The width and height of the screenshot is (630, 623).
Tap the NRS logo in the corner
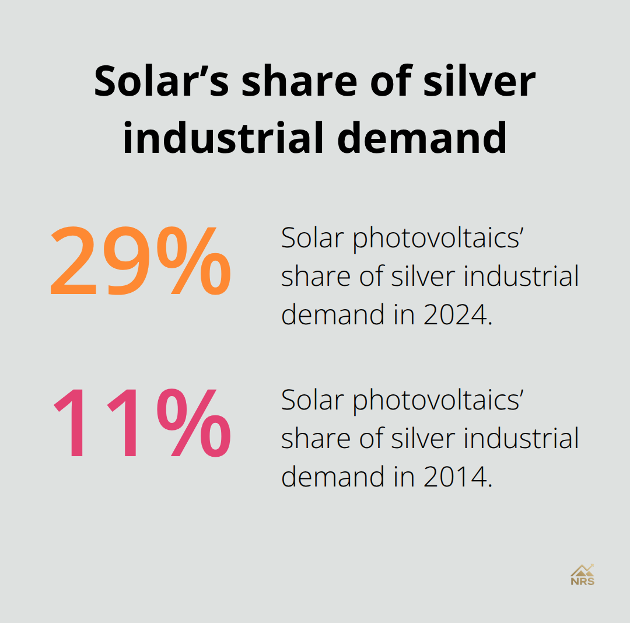point(582,574)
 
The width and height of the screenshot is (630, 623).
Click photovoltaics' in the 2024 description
point(436,239)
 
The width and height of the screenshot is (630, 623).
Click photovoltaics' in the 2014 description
point(436,400)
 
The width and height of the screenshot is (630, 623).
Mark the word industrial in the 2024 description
point(521,276)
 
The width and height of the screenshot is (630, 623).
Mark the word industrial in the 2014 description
point(521,439)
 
